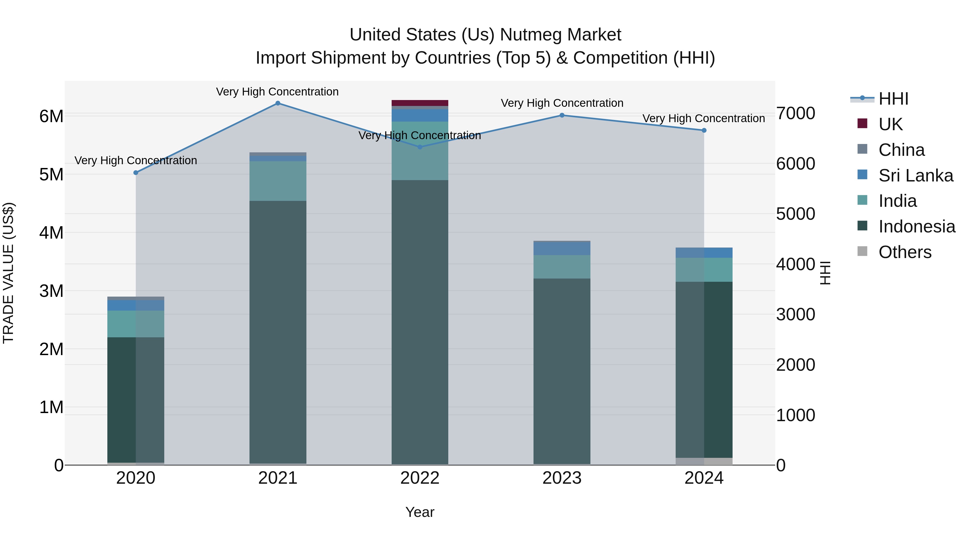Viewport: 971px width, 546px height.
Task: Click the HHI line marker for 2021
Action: pyautogui.click(x=278, y=103)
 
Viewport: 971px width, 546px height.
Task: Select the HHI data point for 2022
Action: pyautogui.click(x=420, y=147)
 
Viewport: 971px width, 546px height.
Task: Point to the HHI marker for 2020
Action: pyautogui.click(x=136, y=173)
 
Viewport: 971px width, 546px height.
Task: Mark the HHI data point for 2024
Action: pyautogui.click(x=704, y=131)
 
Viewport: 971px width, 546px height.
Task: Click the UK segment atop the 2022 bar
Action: pyautogui.click(x=420, y=103)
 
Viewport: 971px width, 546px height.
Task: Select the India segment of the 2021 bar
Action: pyautogui.click(x=278, y=181)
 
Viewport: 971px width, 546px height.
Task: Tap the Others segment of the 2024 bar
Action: pyautogui.click(x=704, y=461)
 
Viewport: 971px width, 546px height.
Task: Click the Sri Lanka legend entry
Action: pyautogui.click(x=905, y=175)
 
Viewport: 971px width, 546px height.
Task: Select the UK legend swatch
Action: pyautogui.click(x=862, y=123)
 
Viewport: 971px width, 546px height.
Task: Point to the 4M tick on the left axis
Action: pyautogui.click(x=51, y=232)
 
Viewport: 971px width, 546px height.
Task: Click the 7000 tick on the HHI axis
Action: pyautogui.click(x=796, y=113)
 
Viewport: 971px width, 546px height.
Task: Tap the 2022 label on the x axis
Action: pyautogui.click(x=420, y=478)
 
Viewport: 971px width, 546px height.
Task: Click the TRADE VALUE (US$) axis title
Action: pyautogui.click(x=8, y=273)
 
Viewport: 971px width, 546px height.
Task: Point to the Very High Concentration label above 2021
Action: pyautogui.click(x=278, y=92)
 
